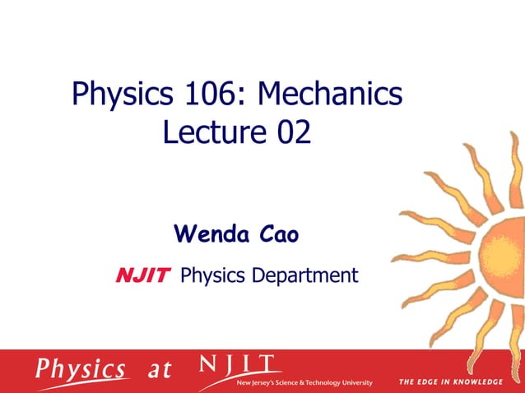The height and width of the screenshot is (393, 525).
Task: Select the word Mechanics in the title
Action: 330,95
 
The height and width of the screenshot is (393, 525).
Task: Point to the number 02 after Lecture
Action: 294,132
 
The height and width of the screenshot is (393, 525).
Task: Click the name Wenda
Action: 212,235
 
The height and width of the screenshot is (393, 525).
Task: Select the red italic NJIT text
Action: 142,275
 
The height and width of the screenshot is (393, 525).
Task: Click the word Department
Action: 304,275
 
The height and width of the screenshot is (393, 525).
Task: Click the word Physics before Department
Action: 212,275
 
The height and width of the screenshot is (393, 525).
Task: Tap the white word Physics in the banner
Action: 81,368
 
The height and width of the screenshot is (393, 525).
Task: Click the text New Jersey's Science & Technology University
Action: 304,383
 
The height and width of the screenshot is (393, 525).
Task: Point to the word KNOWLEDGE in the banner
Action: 476,382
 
